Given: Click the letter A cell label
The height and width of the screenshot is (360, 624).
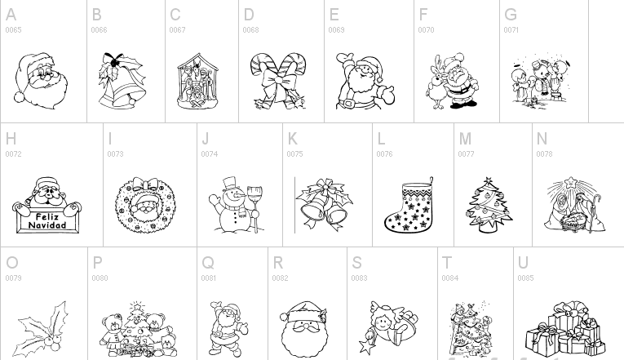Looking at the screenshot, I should click(x=11, y=15).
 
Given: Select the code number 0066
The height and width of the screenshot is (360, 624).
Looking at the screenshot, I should click(x=99, y=30).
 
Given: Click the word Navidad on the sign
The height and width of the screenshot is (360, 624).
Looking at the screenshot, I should click(x=46, y=224).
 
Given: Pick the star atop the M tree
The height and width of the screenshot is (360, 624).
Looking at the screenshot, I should click(x=488, y=181).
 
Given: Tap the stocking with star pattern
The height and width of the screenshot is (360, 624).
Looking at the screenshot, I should click(x=408, y=207).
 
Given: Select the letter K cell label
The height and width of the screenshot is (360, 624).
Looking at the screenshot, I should click(x=293, y=139).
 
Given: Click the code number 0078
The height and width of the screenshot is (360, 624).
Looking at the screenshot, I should click(x=544, y=154).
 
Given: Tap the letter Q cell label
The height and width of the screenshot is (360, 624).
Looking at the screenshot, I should click(x=207, y=263).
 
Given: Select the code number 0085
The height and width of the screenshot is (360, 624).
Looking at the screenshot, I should click(x=525, y=278).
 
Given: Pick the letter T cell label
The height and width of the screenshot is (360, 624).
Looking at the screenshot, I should click(x=447, y=263).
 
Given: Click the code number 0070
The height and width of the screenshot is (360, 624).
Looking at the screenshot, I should click(x=426, y=30).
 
